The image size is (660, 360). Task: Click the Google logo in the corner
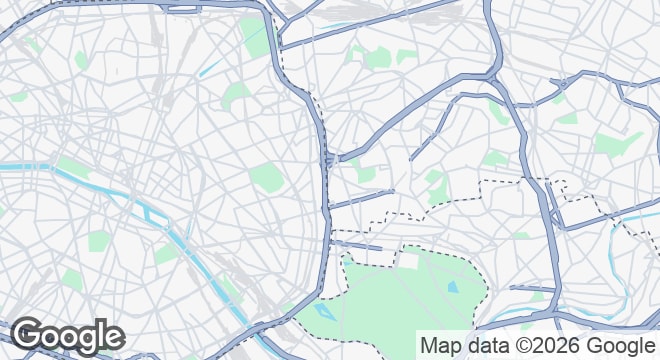67,336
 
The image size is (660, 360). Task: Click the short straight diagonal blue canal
210,68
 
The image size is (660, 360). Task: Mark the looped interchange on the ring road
329,160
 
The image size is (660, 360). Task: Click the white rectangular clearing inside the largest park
407,261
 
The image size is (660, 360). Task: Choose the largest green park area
400,300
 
